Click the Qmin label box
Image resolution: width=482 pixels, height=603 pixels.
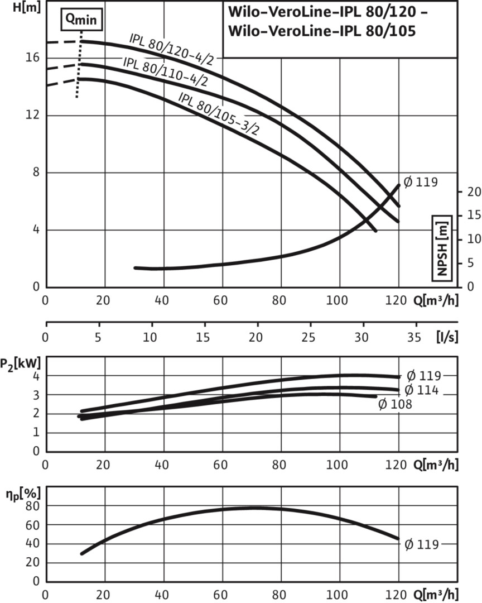click(x=81, y=18)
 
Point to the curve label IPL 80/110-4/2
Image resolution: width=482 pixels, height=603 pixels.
click(x=165, y=71)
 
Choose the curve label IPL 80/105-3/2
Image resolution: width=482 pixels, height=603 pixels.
click(x=219, y=113)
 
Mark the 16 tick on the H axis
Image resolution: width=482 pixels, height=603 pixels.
click(x=35, y=58)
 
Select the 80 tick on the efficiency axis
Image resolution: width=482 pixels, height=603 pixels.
click(x=35, y=506)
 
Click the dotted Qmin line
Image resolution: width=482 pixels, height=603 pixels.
click(x=80, y=67)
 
